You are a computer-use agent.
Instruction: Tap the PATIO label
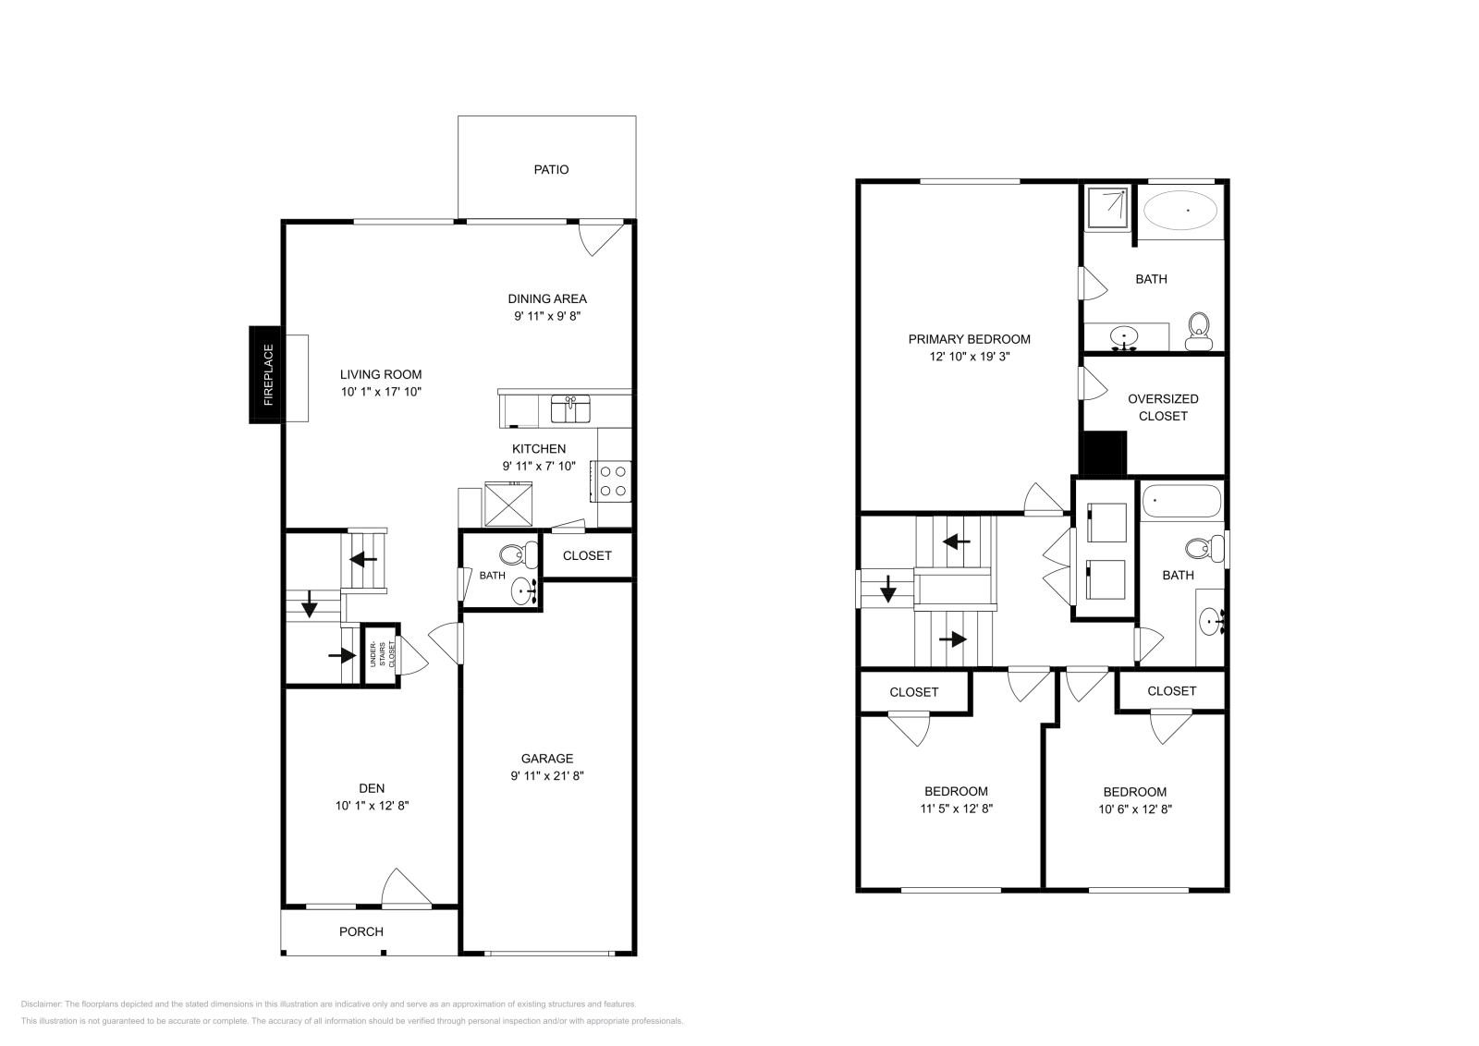551,170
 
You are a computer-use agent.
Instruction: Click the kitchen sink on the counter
571,407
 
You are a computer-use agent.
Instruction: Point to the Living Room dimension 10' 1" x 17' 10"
381,392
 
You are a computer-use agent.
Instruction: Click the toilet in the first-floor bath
512,555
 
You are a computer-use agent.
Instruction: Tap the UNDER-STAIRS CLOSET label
380,654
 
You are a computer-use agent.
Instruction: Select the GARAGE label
547,759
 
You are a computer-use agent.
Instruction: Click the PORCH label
361,931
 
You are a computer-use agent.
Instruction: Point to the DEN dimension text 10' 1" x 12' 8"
372,806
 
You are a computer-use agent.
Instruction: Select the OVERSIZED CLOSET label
1163,407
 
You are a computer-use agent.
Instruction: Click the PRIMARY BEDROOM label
969,339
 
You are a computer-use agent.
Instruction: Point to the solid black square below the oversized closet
1102,454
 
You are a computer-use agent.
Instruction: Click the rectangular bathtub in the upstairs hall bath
1181,502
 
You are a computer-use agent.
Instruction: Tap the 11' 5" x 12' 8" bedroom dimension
956,809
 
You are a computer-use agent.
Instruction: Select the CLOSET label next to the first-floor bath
587,555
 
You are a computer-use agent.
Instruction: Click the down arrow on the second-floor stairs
887,588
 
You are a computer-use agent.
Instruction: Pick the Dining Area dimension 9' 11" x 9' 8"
547,316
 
